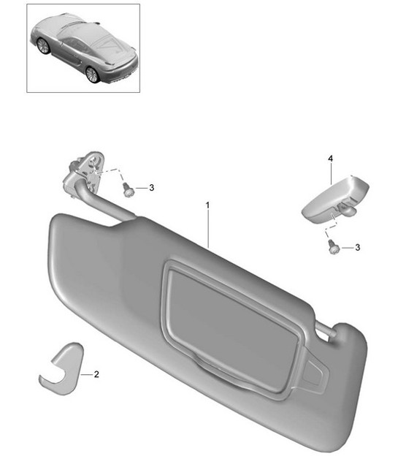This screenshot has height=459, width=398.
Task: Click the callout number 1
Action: point(207,205)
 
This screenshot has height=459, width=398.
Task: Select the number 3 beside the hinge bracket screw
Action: point(151,188)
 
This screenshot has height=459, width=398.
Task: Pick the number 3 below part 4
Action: point(357,248)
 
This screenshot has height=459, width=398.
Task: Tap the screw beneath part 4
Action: point(333,248)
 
